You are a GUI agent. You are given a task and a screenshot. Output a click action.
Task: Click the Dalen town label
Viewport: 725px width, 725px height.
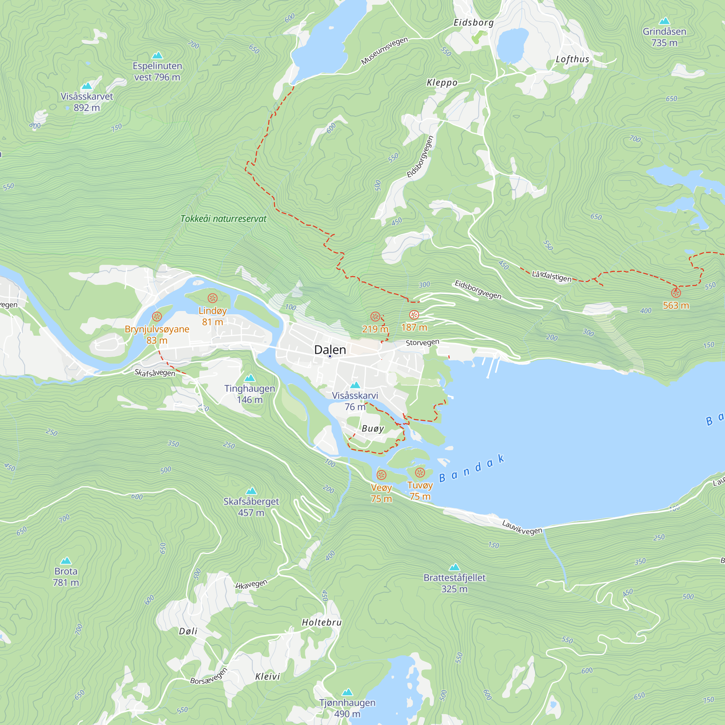(x=330, y=350)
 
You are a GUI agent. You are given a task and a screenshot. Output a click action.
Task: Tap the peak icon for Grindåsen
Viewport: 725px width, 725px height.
(x=664, y=21)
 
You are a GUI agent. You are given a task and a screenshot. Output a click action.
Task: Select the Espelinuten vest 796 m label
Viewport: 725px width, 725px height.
(x=157, y=71)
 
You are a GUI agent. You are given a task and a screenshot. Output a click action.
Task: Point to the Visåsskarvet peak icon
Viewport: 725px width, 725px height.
(x=87, y=86)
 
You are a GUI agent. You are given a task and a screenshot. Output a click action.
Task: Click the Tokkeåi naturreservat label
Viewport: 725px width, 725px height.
(x=223, y=219)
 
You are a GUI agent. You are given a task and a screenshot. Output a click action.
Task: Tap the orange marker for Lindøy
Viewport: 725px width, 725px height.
(x=212, y=298)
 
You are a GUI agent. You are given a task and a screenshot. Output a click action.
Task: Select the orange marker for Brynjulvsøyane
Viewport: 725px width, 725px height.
(x=157, y=316)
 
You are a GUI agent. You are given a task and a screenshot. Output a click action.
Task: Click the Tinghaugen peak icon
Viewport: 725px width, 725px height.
(x=249, y=378)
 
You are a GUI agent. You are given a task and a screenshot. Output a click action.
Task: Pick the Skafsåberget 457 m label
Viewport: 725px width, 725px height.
(x=251, y=507)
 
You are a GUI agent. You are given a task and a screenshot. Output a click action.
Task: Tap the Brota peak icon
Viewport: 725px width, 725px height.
(x=66, y=561)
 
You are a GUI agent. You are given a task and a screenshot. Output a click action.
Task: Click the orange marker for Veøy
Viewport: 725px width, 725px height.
(x=381, y=475)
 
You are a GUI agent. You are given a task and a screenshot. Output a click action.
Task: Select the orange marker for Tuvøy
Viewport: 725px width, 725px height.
(x=420, y=472)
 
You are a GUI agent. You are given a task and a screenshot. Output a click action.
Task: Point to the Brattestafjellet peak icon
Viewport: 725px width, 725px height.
(x=455, y=567)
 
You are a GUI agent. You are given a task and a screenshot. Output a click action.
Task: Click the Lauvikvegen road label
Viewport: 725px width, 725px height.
(x=522, y=527)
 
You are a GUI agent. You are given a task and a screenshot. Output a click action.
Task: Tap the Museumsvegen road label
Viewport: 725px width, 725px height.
(x=384, y=51)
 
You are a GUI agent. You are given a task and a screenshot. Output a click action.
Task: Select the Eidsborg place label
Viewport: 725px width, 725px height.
(x=473, y=22)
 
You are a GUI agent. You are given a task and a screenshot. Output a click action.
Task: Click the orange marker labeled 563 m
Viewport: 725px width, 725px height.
(x=676, y=293)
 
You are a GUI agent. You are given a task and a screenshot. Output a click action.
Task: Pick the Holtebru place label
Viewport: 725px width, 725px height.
(x=322, y=622)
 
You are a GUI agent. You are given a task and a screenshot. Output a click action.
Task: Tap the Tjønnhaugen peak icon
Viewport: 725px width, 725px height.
(x=347, y=692)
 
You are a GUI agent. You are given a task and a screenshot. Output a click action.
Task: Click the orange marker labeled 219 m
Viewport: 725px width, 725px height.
(x=375, y=316)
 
